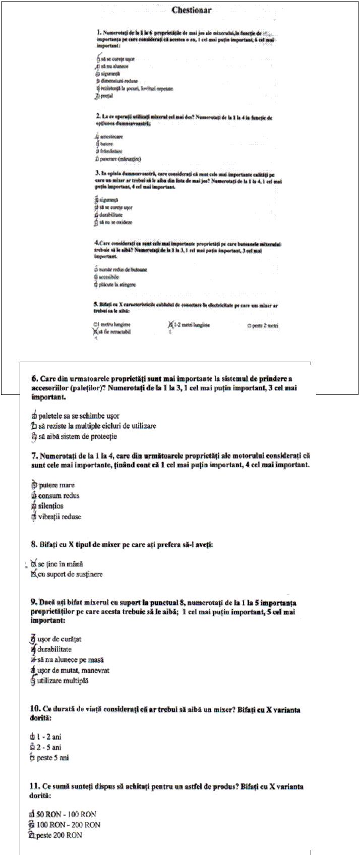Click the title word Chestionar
point(192,10)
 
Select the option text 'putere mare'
point(56,485)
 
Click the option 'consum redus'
point(59,496)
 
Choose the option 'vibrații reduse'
point(59,517)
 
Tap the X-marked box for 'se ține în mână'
point(34,563)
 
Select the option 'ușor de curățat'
point(59,639)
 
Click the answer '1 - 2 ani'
point(49,737)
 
